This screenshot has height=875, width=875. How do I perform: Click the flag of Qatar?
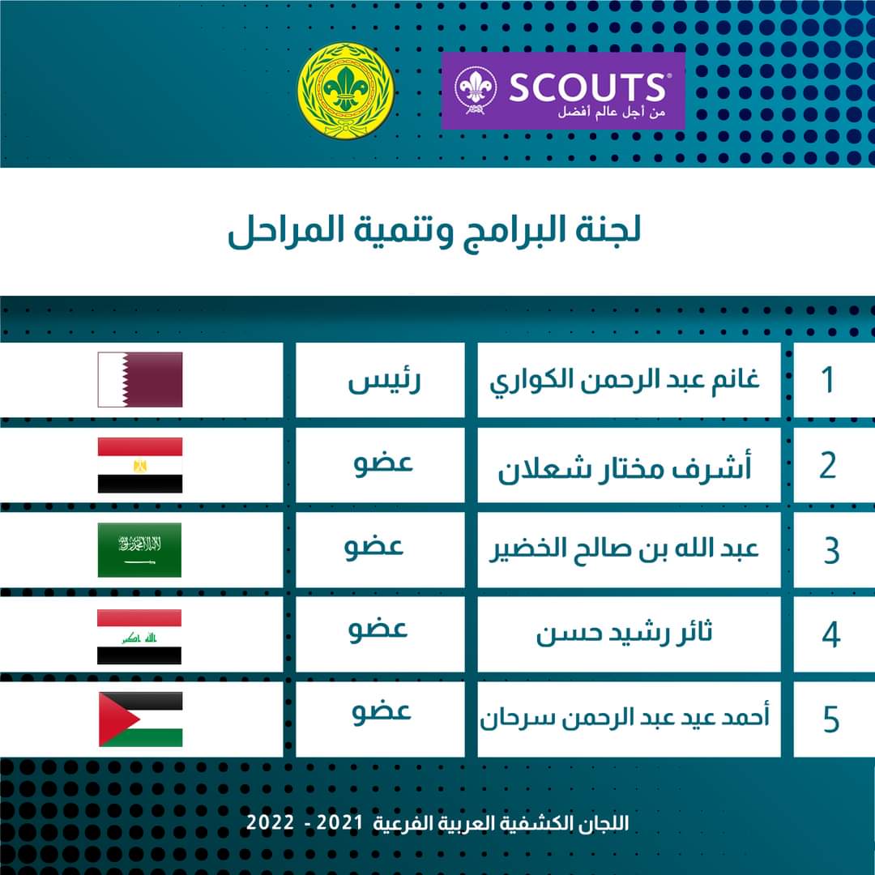point(140,379)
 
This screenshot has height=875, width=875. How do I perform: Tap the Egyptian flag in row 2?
point(140,465)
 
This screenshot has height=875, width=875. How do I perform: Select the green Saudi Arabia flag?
point(140,550)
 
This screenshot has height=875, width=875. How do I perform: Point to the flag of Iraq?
point(140,637)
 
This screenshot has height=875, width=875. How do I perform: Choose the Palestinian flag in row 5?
point(140,719)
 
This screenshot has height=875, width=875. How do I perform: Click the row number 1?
point(827,380)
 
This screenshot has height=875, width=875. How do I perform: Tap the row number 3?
point(830,552)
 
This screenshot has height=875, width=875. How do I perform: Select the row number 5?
point(830,720)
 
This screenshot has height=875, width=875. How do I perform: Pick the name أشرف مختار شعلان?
point(625,468)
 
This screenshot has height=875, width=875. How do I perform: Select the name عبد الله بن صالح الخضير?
point(626,550)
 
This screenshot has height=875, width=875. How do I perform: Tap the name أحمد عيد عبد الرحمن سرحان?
point(626,718)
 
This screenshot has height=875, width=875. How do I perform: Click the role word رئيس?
point(384,381)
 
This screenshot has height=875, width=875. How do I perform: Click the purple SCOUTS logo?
point(563,91)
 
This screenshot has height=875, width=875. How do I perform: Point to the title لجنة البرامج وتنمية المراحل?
point(434,232)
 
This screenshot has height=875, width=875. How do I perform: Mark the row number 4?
point(830,636)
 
